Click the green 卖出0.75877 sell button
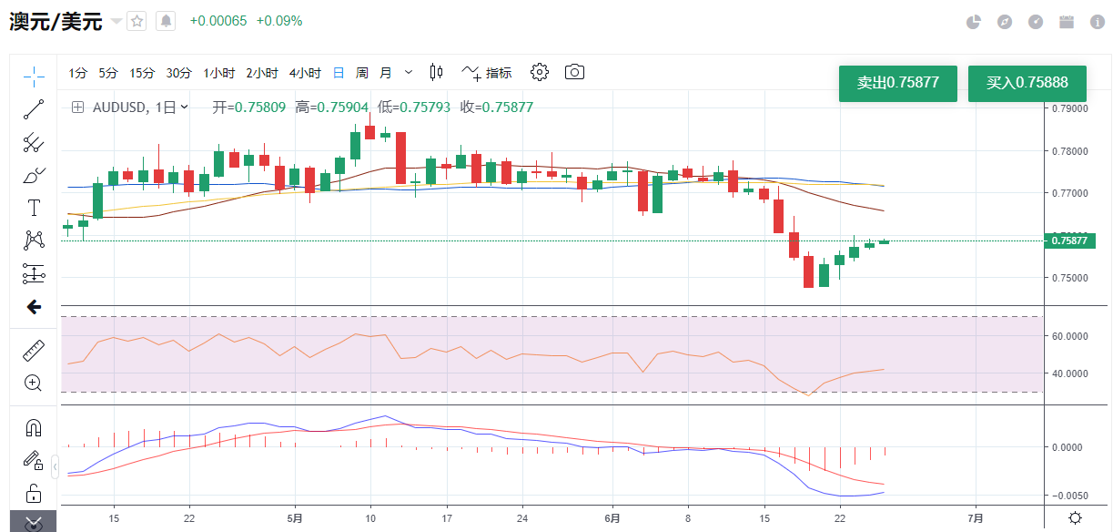(x=897, y=83)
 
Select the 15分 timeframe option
(x=142, y=73)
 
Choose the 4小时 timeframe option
(x=305, y=73)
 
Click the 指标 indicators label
(x=499, y=73)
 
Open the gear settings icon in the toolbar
(x=540, y=72)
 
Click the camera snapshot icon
(x=574, y=72)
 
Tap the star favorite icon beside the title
(x=137, y=21)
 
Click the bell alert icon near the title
(x=166, y=21)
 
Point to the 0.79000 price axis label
(x=1069, y=108)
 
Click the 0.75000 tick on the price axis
(x=1069, y=278)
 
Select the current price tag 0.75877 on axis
(x=1069, y=241)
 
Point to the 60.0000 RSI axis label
(x=1069, y=335)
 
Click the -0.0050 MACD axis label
(x=1069, y=496)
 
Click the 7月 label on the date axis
(x=975, y=517)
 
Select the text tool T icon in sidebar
(x=34, y=208)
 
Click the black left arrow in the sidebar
(x=34, y=307)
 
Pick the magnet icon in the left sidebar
(x=34, y=427)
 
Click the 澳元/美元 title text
(x=56, y=22)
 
